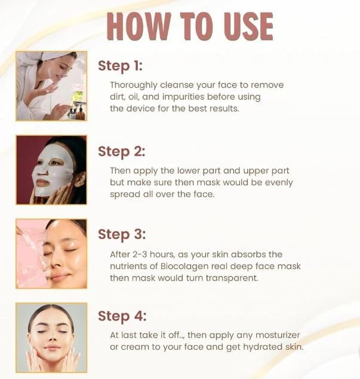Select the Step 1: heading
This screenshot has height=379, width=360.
point(120,65)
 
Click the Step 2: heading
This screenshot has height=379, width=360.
point(121,151)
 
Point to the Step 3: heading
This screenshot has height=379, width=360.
point(121,234)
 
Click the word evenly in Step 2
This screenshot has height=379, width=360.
point(278,182)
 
